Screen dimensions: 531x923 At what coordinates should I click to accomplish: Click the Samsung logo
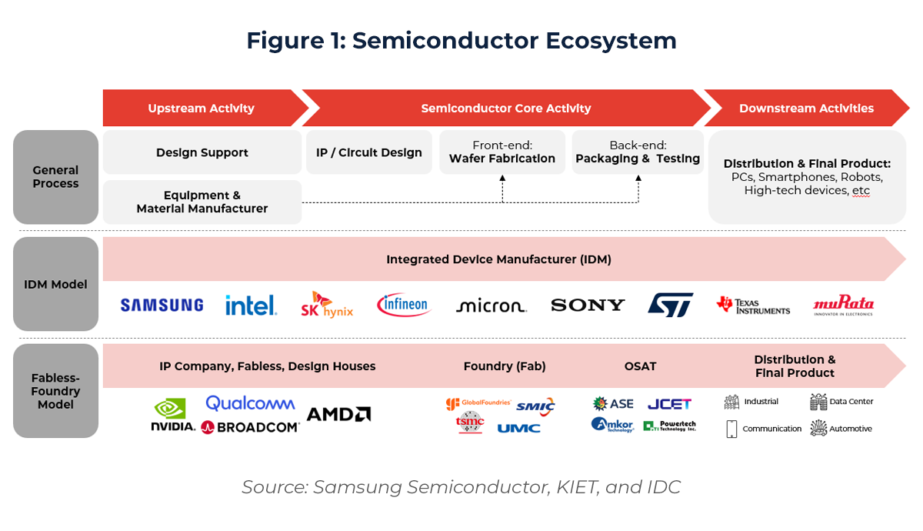click(162, 305)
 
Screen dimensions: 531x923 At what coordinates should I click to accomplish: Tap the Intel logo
click(251, 306)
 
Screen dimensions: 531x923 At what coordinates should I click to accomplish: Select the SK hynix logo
click(327, 305)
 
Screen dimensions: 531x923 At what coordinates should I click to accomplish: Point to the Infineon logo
click(404, 305)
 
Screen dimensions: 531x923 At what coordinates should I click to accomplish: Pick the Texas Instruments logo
click(752, 306)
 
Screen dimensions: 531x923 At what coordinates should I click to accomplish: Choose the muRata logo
click(843, 306)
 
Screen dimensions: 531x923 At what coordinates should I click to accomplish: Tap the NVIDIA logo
click(172, 416)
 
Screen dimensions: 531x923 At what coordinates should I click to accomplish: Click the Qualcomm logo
click(250, 402)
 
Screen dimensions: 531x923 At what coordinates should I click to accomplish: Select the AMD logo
click(338, 414)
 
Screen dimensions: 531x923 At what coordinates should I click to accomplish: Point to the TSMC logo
click(469, 422)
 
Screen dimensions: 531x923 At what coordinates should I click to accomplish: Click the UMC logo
click(518, 428)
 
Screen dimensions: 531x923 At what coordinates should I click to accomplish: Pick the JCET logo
click(669, 403)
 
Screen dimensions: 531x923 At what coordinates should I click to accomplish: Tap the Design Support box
click(202, 152)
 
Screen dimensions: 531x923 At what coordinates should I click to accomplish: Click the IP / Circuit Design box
click(368, 152)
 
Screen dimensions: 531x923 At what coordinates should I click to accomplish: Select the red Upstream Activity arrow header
click(202, 109)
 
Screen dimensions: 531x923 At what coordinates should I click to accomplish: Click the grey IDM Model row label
click(55, 284)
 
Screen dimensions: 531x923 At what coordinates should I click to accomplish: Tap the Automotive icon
click(818, 429)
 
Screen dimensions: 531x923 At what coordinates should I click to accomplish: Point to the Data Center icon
click(818, 402)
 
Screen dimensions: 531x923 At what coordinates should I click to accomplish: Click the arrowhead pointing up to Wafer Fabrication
click(502, 178)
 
